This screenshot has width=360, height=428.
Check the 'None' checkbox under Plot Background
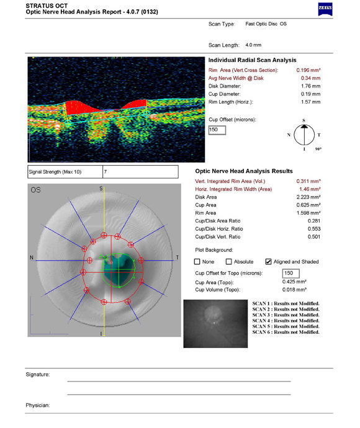(x=197, y=262)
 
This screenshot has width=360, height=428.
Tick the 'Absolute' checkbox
(x=228, y=262)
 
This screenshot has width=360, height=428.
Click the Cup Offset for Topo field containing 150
(x=290, y=273)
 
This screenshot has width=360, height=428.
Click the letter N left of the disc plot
(x=31, y=257)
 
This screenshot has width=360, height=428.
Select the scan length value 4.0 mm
(x=253, y=45)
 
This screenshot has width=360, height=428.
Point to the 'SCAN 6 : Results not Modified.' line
(x=286, y=332)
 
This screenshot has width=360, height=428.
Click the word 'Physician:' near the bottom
(x=37, y=405)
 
